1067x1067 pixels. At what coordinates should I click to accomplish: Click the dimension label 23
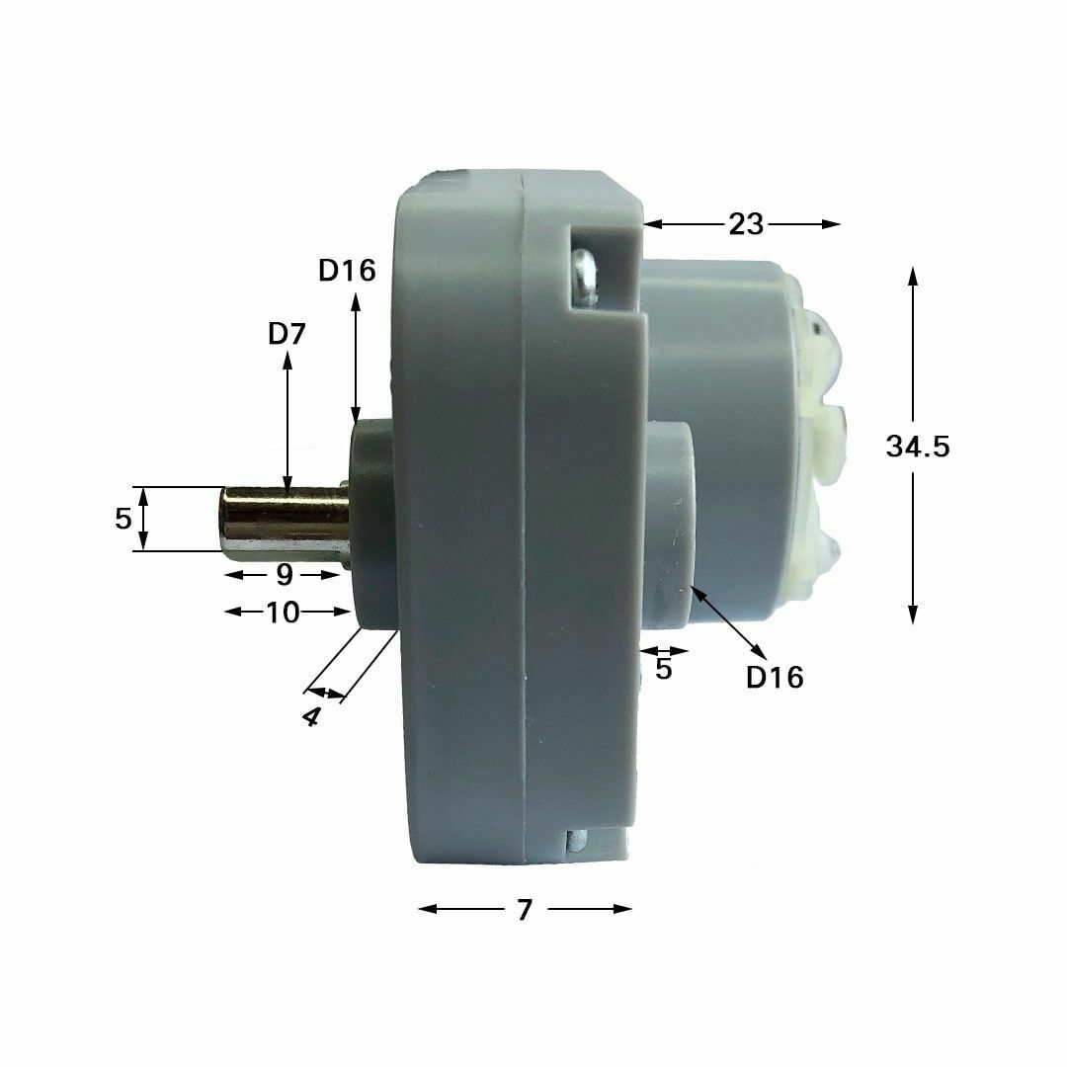point(747,224)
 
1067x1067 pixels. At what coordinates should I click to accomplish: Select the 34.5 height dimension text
point(917,447)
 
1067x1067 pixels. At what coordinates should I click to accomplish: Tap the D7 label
point(287,334)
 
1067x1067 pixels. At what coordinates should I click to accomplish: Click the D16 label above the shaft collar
point(347,270)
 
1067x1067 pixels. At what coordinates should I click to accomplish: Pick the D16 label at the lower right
point(775,677)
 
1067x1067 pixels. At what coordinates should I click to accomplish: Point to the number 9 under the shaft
point(285,575)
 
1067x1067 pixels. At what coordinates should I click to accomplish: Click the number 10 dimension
point(283,613)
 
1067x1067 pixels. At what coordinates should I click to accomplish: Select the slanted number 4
point(310,716)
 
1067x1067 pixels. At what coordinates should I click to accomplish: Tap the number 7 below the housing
point(524,910)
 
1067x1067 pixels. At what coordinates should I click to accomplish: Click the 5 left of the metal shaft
point(123,519)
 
